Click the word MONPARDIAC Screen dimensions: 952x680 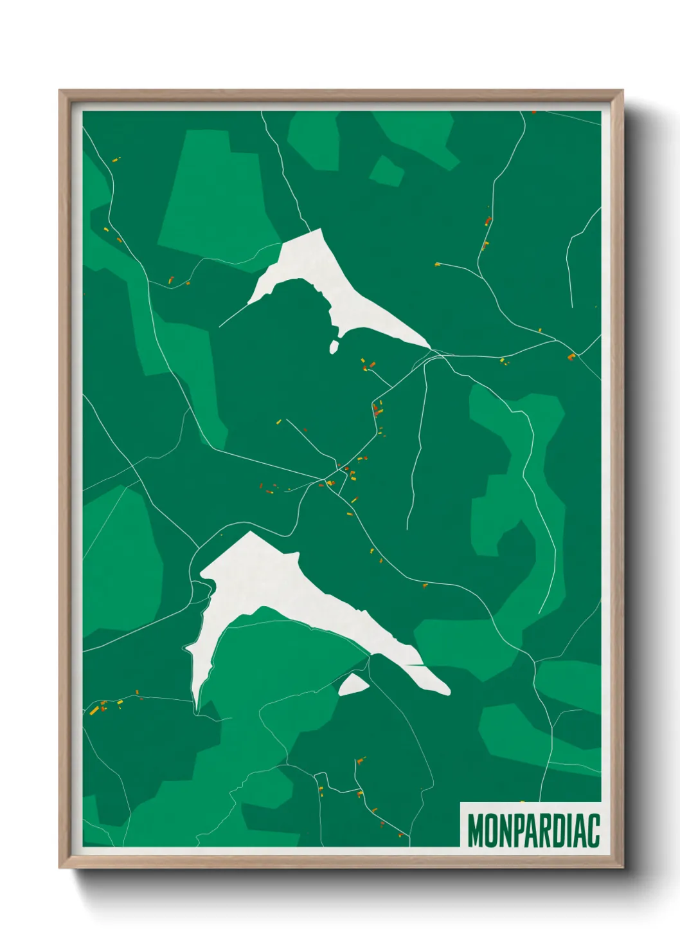pos(533,830)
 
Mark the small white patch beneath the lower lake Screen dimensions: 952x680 pos(352,684)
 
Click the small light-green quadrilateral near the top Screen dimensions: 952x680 pos(386,171)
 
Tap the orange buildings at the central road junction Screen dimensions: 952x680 pos(330,482)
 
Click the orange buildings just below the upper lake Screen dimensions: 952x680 pos(370,365)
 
